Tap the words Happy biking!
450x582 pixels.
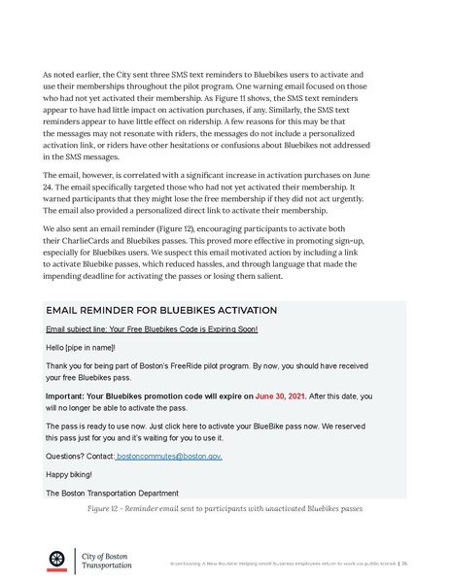(x=69, y=474)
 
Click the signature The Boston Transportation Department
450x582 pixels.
(x=112, y=493)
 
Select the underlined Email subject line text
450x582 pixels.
(x=152, y=328)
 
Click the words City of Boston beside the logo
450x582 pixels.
(x=109, y=553)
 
